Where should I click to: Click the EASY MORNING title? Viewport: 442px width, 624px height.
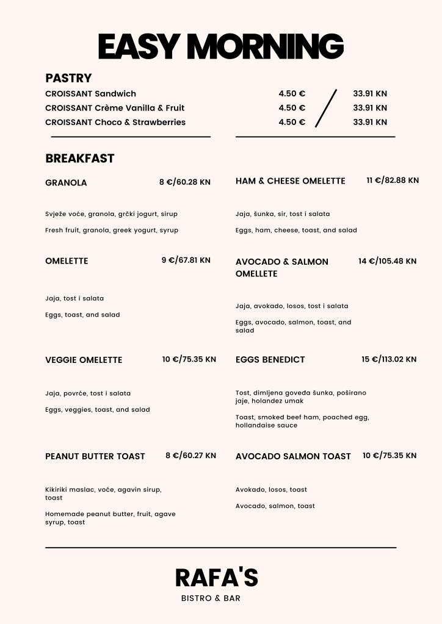tap(221, 46)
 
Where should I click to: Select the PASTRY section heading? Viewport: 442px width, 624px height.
tap(68, 78)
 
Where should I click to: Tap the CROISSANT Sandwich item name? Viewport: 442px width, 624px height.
tap(90, 94)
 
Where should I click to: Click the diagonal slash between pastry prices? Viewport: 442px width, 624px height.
tap(326, 109)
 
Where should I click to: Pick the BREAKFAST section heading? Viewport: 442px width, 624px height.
tap(79, 159)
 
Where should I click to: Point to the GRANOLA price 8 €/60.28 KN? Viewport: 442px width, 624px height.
tap(184, 182)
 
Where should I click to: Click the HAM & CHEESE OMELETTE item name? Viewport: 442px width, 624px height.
tap(290, 181)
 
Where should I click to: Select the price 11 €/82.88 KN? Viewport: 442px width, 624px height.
tap(393, 181)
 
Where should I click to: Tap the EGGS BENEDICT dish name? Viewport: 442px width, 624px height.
tap(270, 360)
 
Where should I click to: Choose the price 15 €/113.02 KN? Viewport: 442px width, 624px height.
tap(389, 359)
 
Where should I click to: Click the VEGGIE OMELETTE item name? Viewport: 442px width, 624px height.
tap(84, 360)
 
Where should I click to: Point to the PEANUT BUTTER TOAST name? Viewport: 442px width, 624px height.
tap(95, 456)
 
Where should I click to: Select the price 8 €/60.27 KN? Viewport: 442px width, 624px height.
tap(190, 456)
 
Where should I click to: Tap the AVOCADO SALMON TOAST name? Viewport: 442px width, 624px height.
tap(293, 456)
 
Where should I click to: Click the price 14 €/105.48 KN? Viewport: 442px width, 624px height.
tap(387, 261)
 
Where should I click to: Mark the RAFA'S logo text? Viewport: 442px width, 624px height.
tap(216, 578)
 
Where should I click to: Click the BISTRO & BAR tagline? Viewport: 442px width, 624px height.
tap(211, 598)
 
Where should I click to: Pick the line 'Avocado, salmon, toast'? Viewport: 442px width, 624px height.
tap(275, 506)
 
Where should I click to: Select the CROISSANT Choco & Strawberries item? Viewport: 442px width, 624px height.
tap(115, 122)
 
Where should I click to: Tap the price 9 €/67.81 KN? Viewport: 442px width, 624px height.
tap(186, 260)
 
